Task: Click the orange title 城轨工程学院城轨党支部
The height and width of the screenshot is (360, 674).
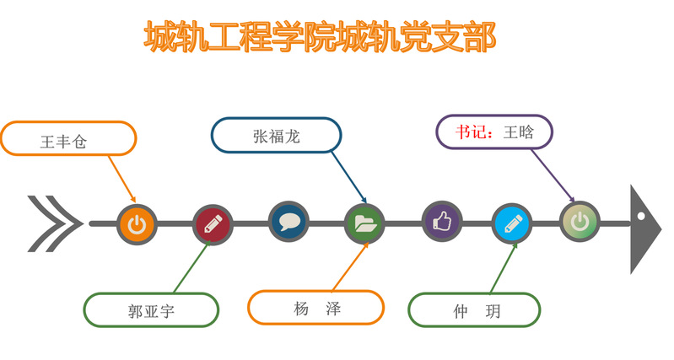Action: click(x=320, y=37)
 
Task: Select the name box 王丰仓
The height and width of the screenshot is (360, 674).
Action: click(x=69, y=138)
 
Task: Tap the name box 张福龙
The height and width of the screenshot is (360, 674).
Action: click(x=276, y=135)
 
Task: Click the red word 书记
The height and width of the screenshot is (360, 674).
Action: click(x=471, y=132)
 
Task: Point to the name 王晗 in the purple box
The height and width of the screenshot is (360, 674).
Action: click(x=519, y=132)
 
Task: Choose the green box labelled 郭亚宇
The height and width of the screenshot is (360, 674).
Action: click(x=151, y=309)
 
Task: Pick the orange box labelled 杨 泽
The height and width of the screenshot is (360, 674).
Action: click(x=316, y=308)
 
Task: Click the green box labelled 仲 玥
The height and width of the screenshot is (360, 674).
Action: click(x=474, y=309)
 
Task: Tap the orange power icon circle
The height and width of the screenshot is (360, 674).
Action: click(x=137, y=224)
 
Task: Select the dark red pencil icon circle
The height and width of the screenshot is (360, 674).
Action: click(x=213, y=224)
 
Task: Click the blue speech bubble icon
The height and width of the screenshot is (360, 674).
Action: click(x=289, y=222)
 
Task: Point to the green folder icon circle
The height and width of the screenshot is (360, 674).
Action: click(x=365, y=223)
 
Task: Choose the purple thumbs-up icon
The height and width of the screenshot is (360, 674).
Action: click(x=442, y=222)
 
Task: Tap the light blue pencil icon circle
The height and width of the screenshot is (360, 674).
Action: click(x=512, y=223)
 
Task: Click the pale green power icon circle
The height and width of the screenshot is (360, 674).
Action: click(x=580, y=221)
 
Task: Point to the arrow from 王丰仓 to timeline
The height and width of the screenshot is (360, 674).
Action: click(x=122, y=179)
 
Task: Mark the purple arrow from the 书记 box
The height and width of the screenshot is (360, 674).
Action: click(x=553, y=175)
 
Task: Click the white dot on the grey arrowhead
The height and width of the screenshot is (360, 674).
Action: click(x=641, y=216)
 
